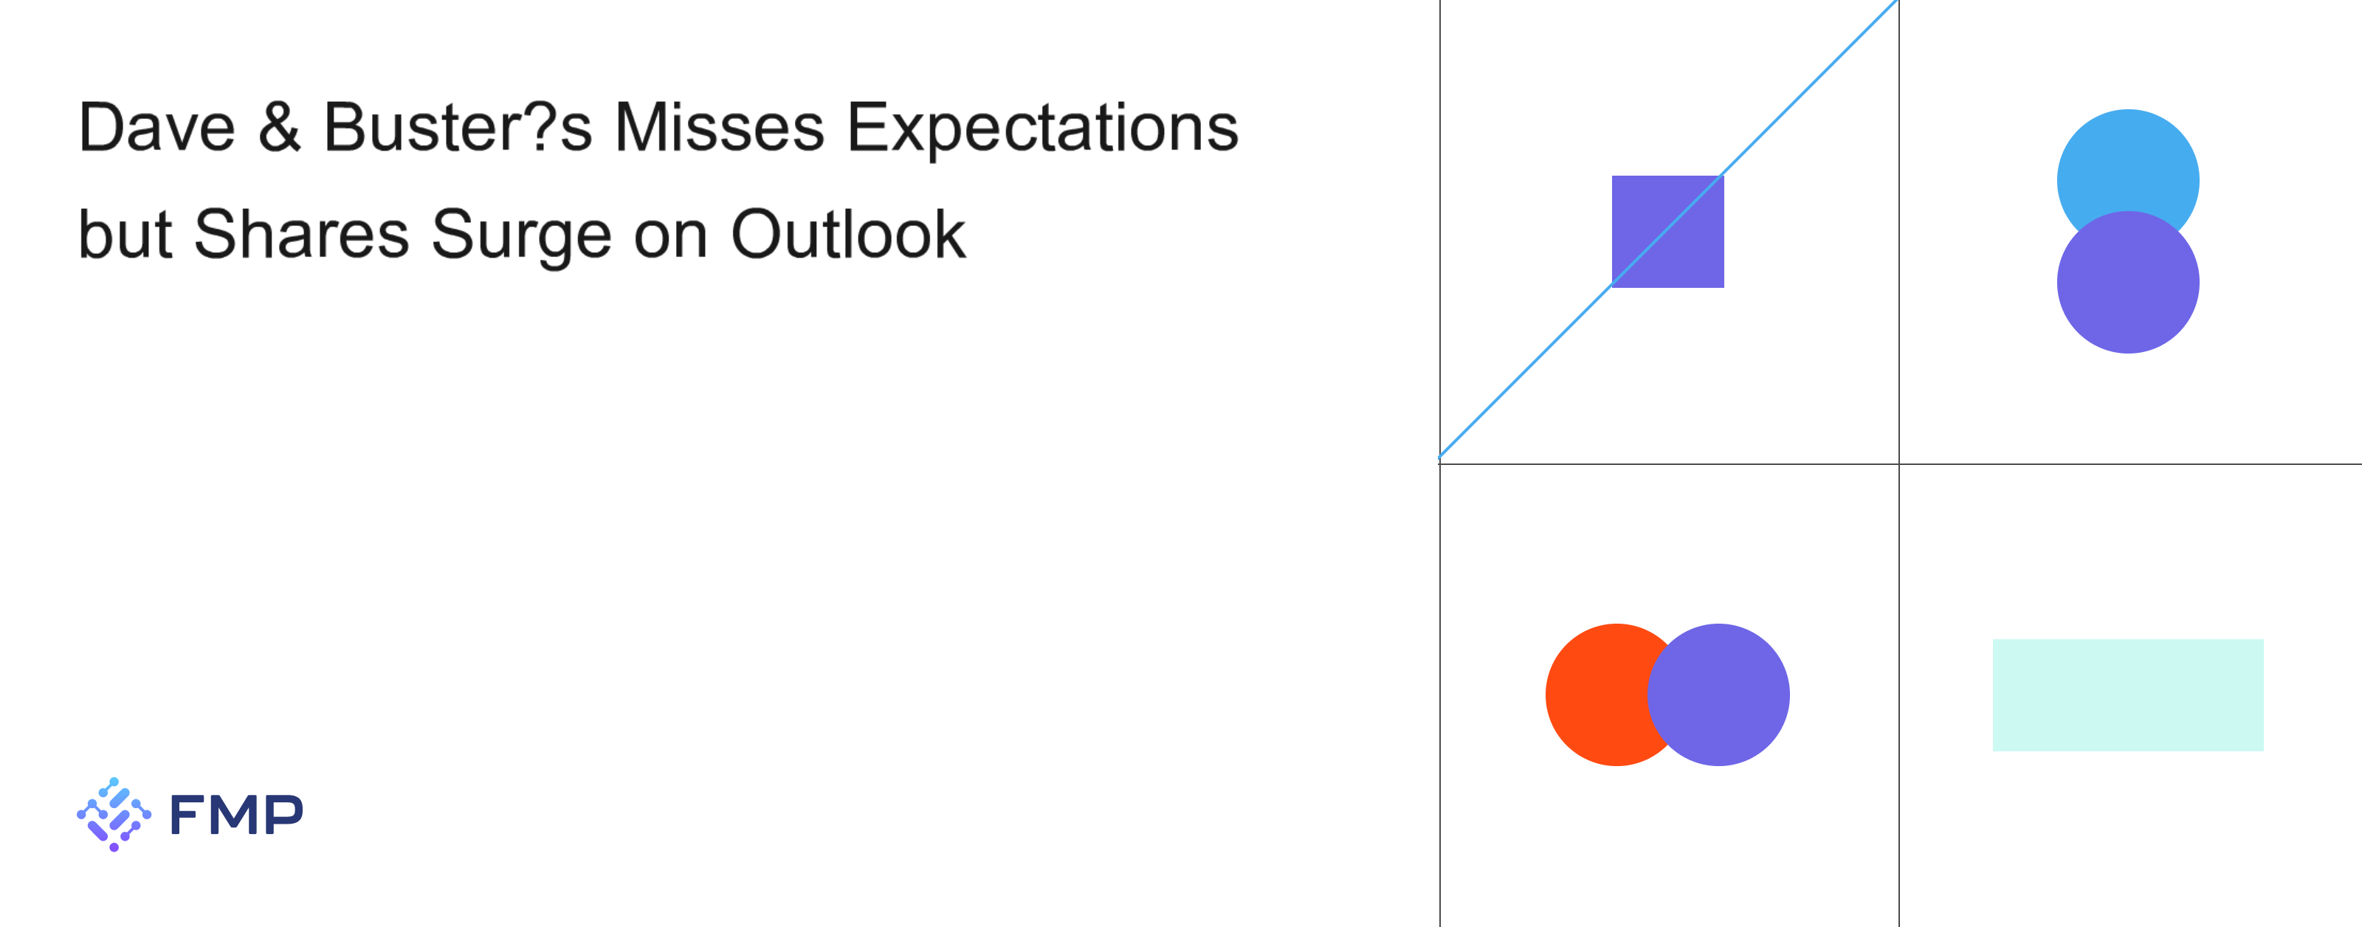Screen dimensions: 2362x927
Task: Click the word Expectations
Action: click(x=1042, y=128)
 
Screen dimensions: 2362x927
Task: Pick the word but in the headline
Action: click(x=125, y=234)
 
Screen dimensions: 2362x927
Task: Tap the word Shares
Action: click(x=302, y=234)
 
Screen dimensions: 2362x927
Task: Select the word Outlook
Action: click(x=848, y=234)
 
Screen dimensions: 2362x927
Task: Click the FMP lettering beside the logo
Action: click(x=236, y=815)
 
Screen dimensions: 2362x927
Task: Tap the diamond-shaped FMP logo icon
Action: click(x=114, y=814)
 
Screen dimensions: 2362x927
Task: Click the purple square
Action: click(x=1668, y=232)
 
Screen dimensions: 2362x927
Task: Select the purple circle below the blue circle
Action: click(x=2128, y=283)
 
